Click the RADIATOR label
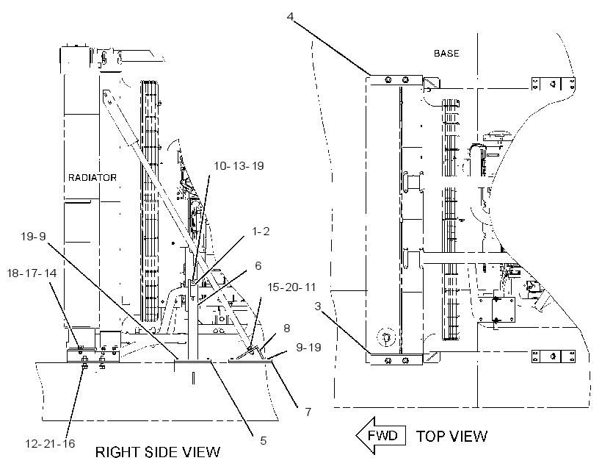point(93,178)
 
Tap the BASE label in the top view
point(446,54)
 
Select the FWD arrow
point(381,436)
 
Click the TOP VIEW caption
point(452,436)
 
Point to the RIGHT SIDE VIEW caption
point(158,452)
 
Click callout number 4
point(290,16)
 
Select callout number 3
point(317,306)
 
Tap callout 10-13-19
point(239,165)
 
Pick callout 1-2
point(261,231)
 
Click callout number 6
point(258,265)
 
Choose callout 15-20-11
point(291,287)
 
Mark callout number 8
point(287,329)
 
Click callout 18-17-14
point(32,273)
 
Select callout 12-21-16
point(50,443)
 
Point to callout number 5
point(263,440)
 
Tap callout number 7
point(308,412)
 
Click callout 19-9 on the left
point(33,236)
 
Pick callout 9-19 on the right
point(308,347)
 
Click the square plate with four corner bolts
point(504,309)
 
